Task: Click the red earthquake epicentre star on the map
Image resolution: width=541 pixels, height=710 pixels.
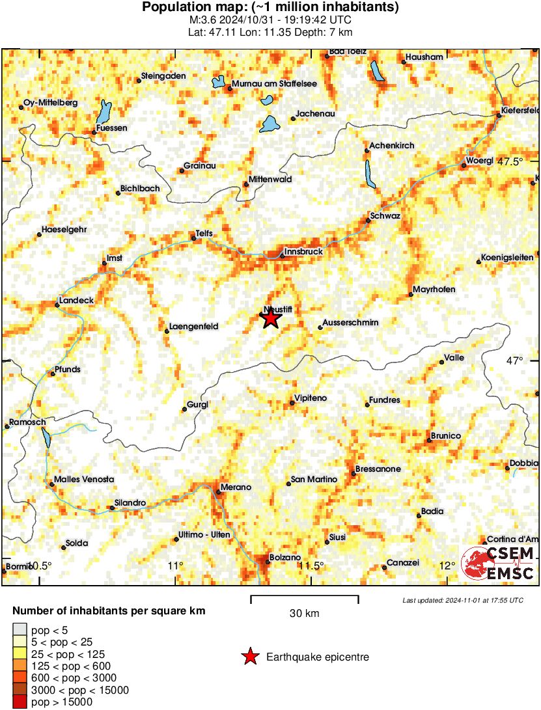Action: pos(270,319)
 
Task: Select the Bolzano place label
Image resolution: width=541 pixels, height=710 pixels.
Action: pos(286,558)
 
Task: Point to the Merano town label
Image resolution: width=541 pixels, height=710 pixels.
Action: pos(235,487)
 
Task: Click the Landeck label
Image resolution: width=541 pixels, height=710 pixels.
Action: pos(77,300)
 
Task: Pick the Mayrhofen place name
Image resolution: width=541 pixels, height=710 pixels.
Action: pos(434,289)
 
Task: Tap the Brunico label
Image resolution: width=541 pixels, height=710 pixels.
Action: pos(446,435)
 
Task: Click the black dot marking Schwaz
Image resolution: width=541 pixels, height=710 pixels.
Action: pos(368,221)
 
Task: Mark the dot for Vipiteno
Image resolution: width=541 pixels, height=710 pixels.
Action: pos(292,403)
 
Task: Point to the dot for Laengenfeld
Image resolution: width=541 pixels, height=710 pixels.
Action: pos(167,331)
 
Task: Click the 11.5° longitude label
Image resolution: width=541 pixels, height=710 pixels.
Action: pos(312,565)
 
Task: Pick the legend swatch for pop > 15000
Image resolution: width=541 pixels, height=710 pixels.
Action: pos(20,702)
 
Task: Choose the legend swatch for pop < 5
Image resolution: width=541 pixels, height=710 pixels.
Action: pos(20,630)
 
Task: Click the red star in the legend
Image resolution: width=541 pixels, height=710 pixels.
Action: pos(250,657)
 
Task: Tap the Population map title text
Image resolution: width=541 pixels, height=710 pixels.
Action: pos(270,8)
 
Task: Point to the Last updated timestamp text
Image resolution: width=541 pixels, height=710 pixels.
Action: pos(462,600)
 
